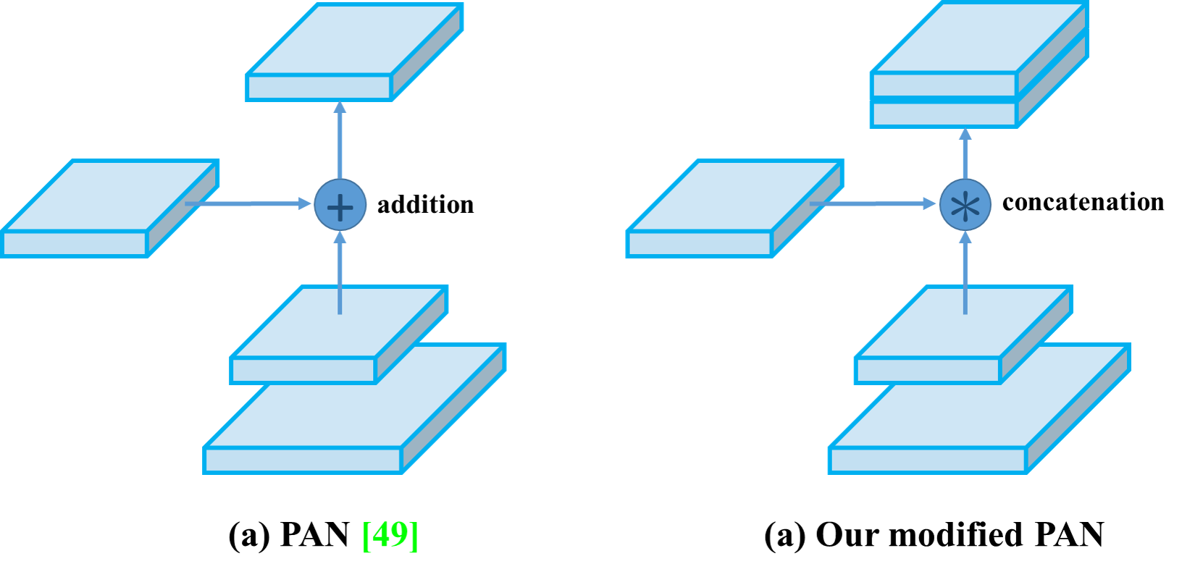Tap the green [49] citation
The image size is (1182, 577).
pos(390,535)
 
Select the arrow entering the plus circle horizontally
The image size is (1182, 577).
pos(246,203)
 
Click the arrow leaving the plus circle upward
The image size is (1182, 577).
pos(340,138)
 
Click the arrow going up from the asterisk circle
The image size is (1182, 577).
pos(965,152)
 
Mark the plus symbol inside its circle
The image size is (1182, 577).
pos(340,207)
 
